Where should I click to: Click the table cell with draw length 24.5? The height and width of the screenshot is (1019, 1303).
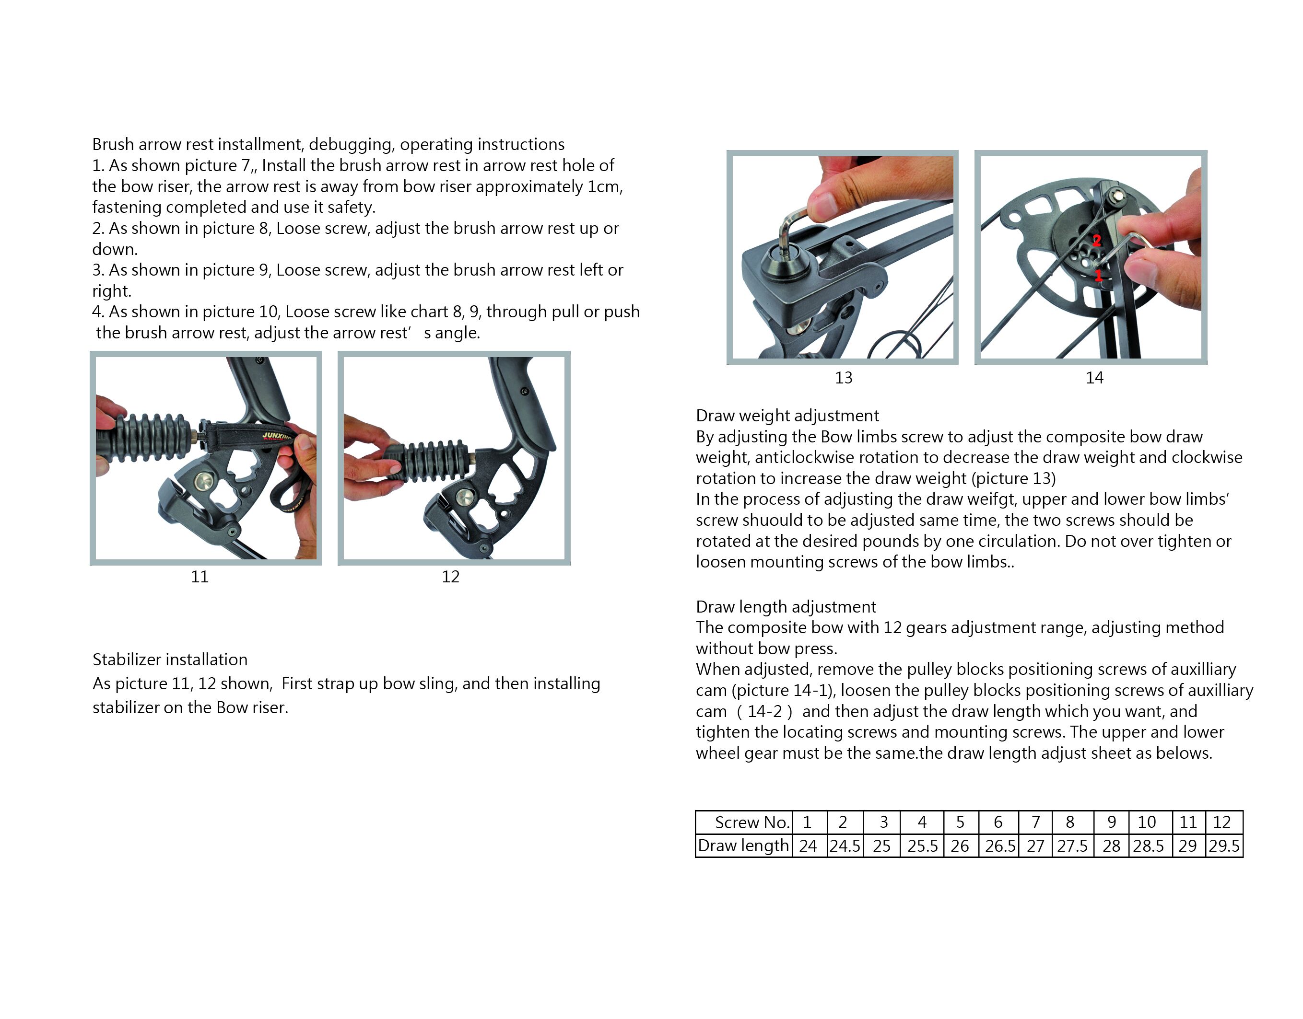coord(845,846)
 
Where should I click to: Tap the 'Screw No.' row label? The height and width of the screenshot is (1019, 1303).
coord(752,822)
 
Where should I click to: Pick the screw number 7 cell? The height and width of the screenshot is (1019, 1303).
coord(1035,822)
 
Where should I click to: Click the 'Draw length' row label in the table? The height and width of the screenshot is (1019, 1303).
coord(743,846)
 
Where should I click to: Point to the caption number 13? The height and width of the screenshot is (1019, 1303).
coord(844,378)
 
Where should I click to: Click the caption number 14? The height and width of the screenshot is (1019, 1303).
coord(1094,378)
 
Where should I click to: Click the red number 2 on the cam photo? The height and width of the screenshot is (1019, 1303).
coord(1096,241)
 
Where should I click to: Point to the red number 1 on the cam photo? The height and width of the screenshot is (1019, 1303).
coord(1098,275)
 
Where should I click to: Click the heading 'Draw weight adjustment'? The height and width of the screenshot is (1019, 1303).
coord(787,416)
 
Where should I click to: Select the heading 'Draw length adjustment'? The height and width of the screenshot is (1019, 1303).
coord(786,607)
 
